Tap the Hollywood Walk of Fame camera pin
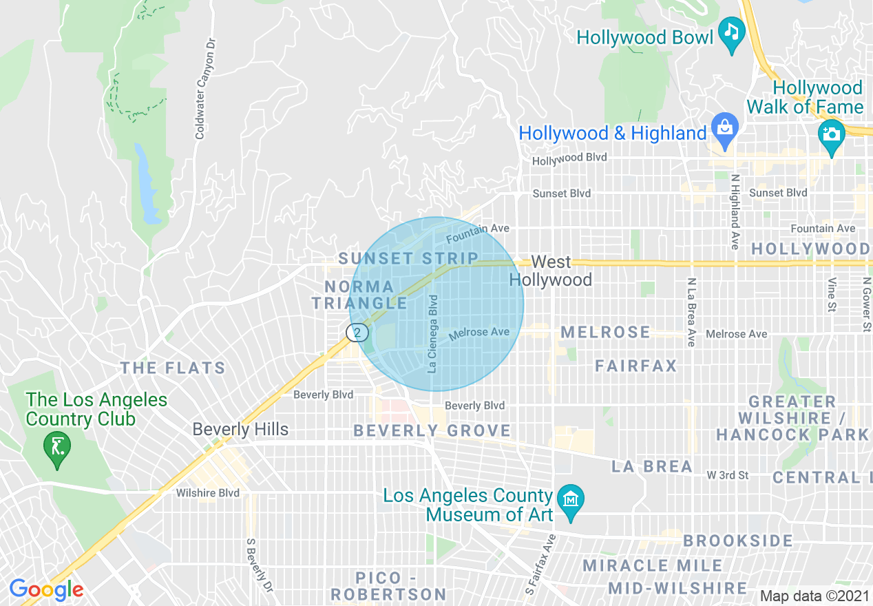(x=831, y=134)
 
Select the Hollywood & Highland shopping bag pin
(x=724, y=128)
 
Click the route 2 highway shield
(x=357, y=333)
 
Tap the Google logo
(x=46, y=589)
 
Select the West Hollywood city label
(x=551, y=271)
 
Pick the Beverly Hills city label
(x=240, y=429)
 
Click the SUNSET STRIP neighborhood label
(x=408, y=259)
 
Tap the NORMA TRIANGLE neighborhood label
(x=359, y=295)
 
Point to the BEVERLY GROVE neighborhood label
(x=432, y=431)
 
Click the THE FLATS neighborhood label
(x=173, y=368)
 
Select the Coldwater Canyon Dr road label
(x=200, y=88)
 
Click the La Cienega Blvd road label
(x=432, y=334)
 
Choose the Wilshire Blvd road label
(x=207, y=493)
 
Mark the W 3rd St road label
(x=727, y=475)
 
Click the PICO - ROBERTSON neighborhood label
(x=389, y=585)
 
